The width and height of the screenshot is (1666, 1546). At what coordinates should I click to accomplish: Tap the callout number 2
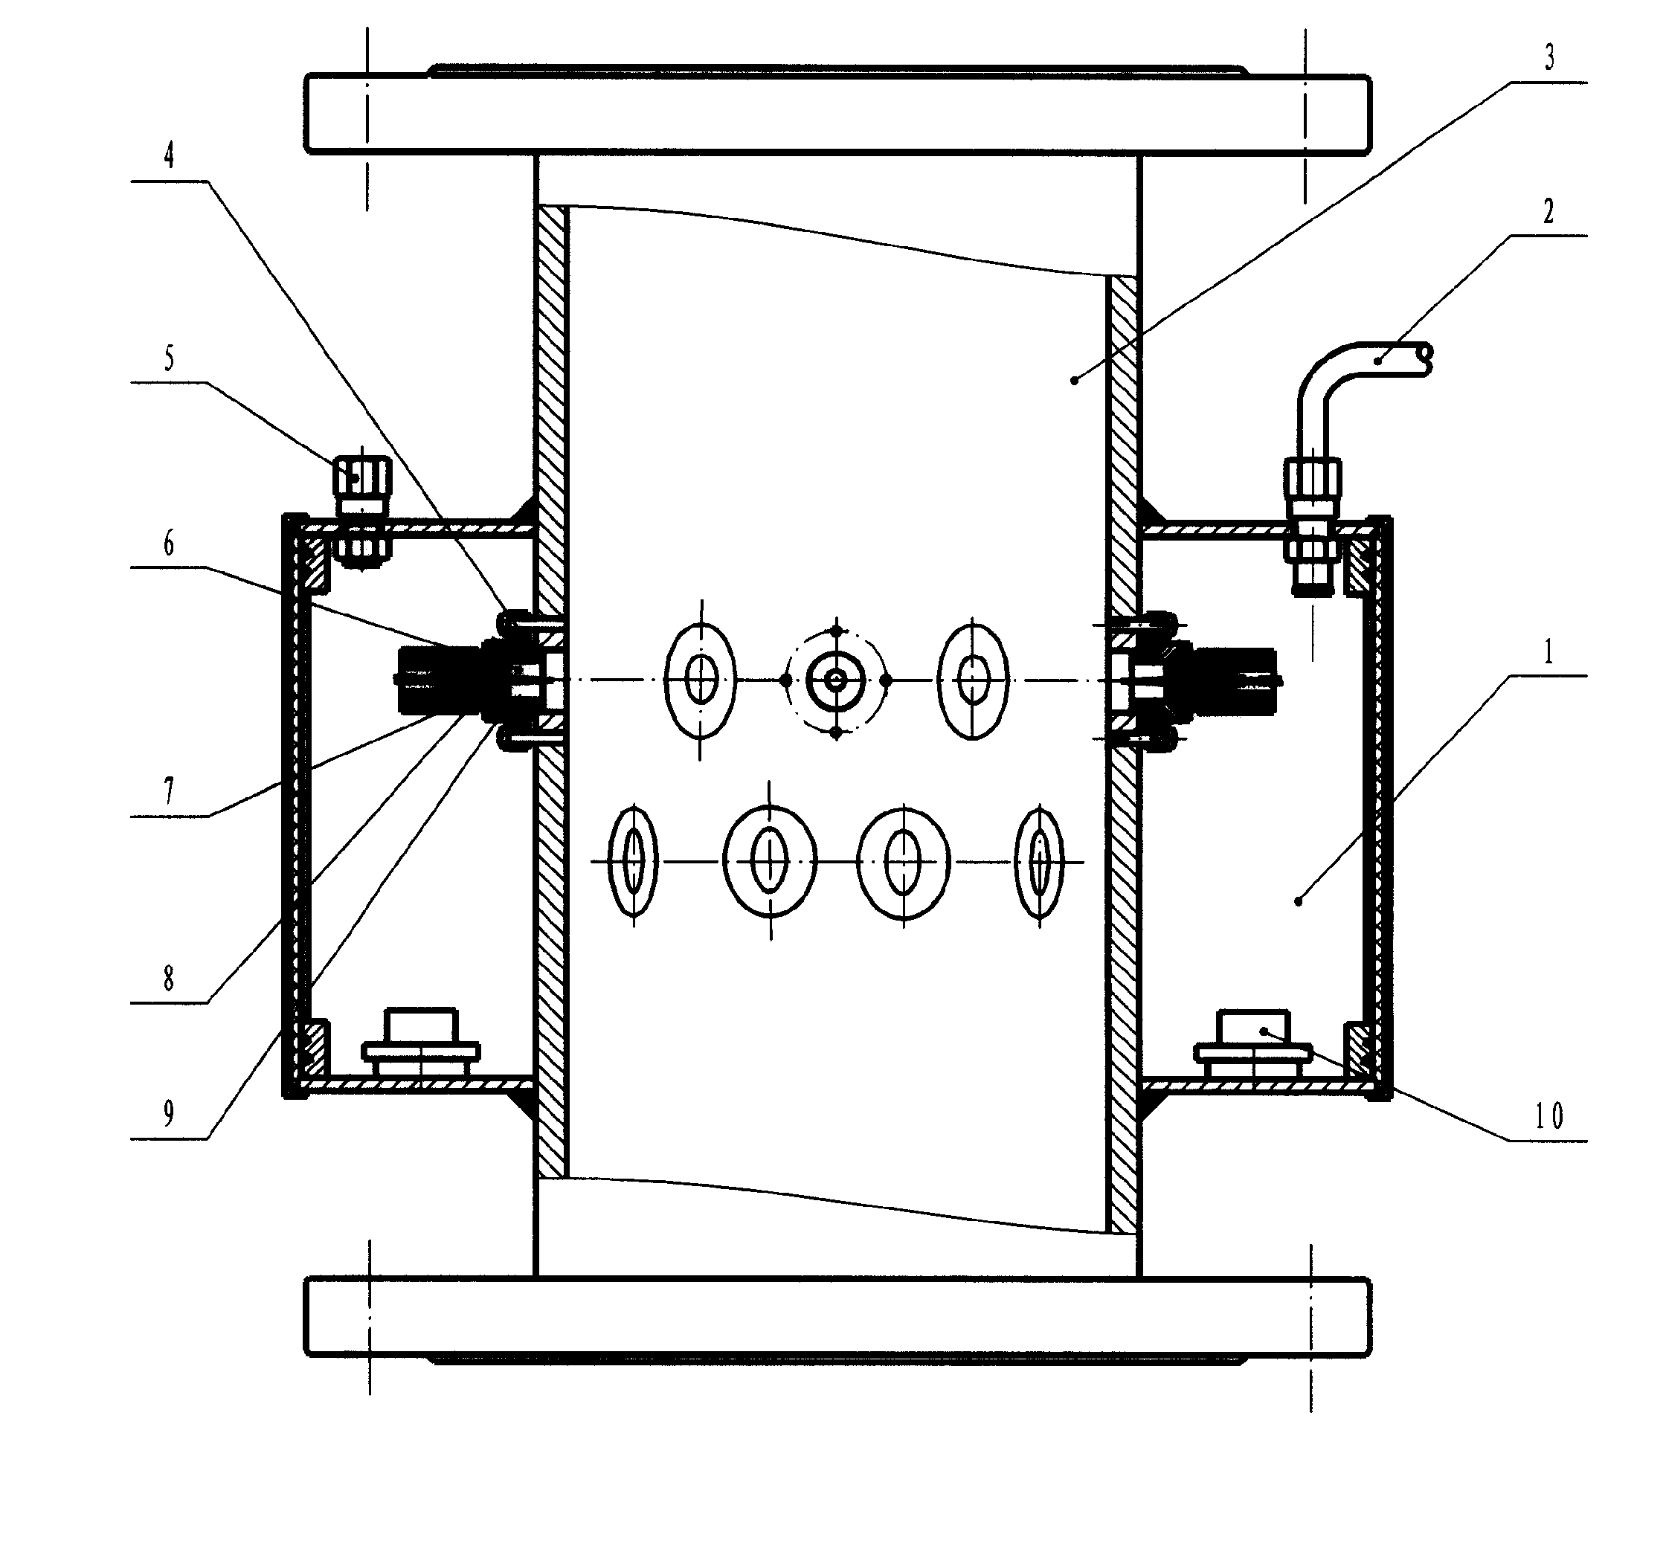(1547, 212)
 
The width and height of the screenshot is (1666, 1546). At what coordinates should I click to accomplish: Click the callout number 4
(169, 155)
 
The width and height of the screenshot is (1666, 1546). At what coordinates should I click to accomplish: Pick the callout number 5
(169, 359)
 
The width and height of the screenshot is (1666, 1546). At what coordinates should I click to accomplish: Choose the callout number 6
(169, 544)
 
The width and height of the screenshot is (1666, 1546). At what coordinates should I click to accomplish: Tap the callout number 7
(169, 790)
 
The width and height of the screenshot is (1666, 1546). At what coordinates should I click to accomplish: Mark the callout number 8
(169, 978)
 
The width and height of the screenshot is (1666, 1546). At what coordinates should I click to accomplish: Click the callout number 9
(169, 1113)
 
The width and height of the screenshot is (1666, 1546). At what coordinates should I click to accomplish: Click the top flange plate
(837, 114)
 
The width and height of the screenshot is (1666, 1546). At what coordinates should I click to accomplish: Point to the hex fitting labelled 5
(361, 512)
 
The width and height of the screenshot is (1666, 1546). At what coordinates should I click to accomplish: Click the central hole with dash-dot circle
(835, 680)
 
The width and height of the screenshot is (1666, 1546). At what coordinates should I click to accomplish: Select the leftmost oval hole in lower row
(634, 862)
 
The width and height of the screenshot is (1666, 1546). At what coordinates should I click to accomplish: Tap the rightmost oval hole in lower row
(1039, 862)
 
